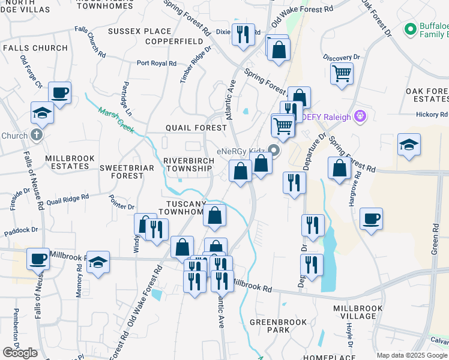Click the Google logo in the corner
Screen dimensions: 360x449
tap(20, 353)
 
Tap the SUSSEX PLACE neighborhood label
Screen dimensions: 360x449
tap(140, 31)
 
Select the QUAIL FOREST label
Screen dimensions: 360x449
tap(196, 128)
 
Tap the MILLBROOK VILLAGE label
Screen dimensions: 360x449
tap(358, 313)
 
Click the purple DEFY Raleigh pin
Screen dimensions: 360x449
tap(360, 116)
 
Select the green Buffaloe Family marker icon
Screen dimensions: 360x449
tap(411, 29)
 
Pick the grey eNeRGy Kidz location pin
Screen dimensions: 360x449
tap(275, 150)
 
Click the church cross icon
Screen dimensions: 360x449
tap(37, 134)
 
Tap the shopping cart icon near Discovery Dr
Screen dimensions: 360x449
tap(342, 74)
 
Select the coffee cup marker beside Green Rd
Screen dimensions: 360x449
tap(371, 219)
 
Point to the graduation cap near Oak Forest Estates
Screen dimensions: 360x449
tap(409, 145)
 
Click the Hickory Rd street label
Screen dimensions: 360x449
tap(432, 114)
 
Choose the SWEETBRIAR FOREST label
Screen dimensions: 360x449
tap(122, 171)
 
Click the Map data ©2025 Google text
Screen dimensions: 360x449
tap(412, 355)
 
